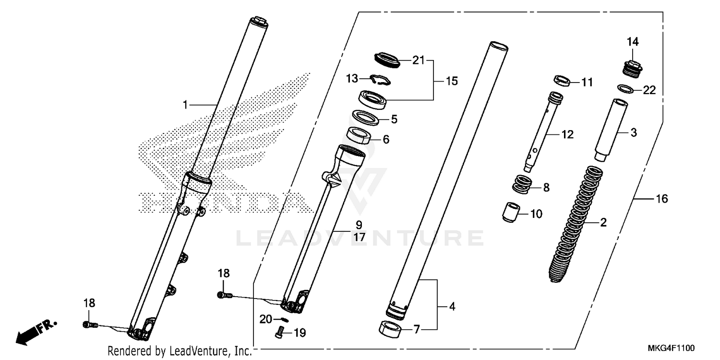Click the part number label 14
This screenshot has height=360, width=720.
pos(633,42)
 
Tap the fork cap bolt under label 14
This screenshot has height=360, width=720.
pos(629,68)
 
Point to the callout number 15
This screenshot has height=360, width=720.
pos(452,81)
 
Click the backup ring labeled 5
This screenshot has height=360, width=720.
pos(367,117)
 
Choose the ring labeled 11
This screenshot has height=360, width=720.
pos(561,81)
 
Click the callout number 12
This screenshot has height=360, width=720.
pos(567,135)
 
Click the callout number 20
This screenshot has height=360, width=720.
pos(266,319)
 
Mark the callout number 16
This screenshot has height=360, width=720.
pos(661,198)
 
